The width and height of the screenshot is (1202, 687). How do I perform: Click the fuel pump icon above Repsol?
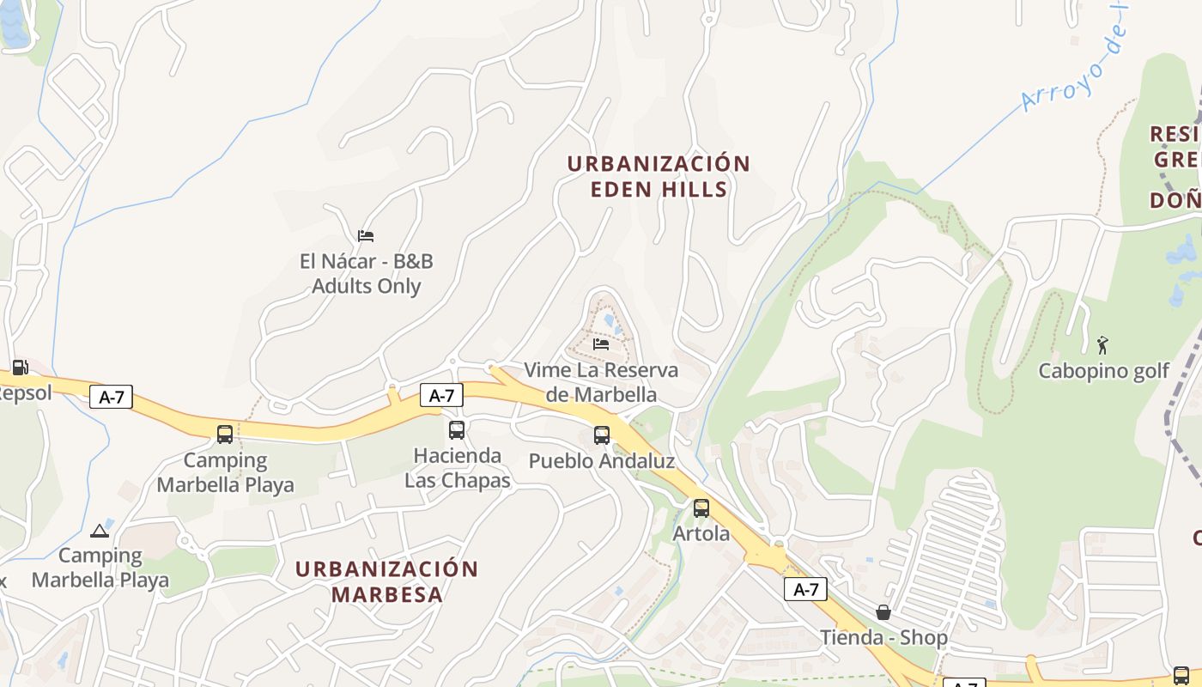pos(20,368)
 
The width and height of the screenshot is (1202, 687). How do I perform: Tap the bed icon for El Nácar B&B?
pos(366,235)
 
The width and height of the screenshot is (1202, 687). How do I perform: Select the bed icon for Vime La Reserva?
pos(601,344)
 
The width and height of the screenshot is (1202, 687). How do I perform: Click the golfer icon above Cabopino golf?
pos(1102,345)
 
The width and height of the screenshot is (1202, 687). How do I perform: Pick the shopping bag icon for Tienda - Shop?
pos(883,612)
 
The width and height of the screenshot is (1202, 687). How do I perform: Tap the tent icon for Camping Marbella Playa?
pos(100,531)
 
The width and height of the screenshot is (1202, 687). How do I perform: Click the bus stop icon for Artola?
pos(701,508)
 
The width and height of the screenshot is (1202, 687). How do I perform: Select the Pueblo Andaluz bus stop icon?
pos(602,435)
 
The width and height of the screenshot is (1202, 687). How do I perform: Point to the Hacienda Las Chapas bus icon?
pos(457,430)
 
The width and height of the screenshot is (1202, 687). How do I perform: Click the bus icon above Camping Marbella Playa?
pos(225,435)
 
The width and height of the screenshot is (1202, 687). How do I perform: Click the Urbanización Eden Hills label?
pos(659,176)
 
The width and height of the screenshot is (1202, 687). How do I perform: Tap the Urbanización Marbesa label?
pos(386,581)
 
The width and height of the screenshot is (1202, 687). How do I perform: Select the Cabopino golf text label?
pos(1103,371)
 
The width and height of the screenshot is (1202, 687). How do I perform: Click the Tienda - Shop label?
pos(883,637)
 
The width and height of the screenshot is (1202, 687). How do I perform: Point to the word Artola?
pos(701,533)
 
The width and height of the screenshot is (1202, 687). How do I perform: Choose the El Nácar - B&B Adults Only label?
pos(366,273)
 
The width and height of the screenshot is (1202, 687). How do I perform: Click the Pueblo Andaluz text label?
pos(601,461)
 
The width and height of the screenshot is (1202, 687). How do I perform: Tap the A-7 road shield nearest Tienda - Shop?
pos(805,589)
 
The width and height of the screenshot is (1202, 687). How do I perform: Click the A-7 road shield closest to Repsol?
pos(111,397)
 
